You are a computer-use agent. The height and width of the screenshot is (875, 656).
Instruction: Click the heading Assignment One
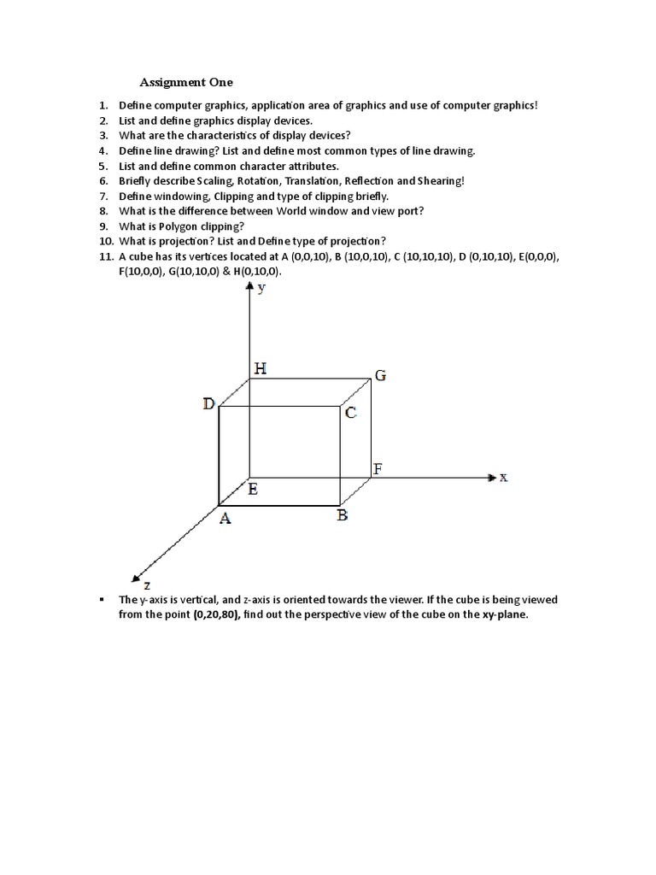tap(186, 83)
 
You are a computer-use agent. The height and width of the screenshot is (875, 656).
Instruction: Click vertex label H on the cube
tap(261, 369)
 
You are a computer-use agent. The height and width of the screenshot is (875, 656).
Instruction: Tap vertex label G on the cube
tap(380, 375)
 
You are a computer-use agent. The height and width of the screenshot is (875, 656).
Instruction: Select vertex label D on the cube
tap(209, 404)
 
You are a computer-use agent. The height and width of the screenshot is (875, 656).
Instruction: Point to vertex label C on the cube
tap(350, 414)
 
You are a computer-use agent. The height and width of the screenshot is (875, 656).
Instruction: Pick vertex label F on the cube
tap(378, 469)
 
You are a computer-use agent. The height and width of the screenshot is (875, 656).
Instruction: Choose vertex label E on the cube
tap(254, 490)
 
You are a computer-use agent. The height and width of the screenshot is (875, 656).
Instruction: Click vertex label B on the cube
tap(342, 515)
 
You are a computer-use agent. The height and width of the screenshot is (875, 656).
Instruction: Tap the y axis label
tap(262, 289)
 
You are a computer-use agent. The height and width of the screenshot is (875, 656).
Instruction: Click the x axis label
tap(503, 478)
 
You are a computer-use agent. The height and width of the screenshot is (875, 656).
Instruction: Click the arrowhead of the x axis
tap(490, 478)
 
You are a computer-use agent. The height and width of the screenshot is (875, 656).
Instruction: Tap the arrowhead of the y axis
tap(249, 288)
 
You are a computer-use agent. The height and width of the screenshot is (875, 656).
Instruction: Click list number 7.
tap(102, 197)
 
